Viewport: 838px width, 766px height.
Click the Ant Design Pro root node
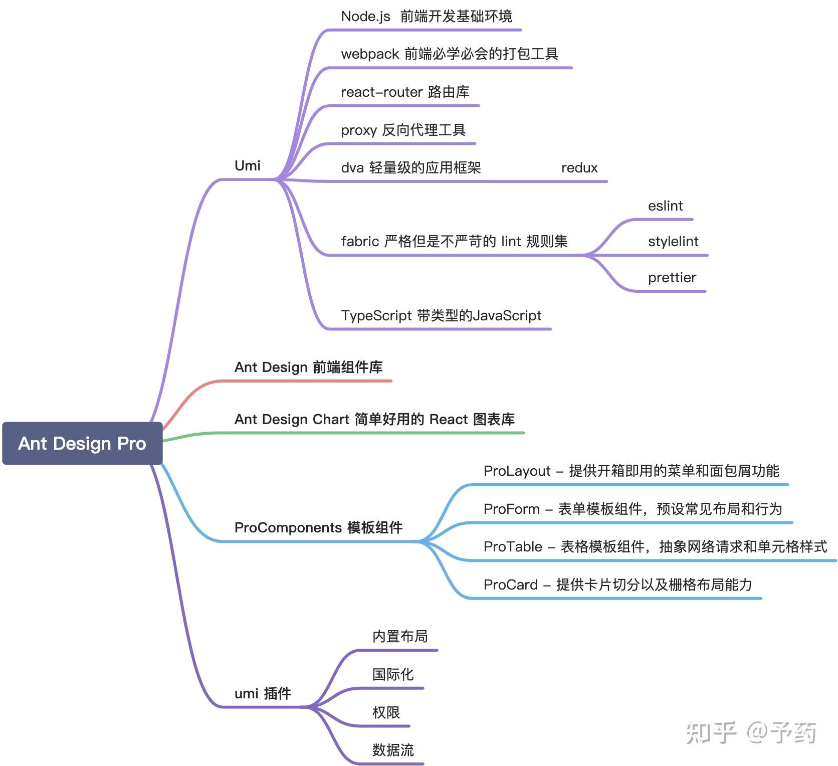[82, 443]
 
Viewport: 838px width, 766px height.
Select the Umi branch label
[248, 166]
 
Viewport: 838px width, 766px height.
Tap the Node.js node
[426, 17]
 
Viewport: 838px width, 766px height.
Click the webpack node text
[449, 54]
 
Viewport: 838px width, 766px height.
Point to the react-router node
[405, 92]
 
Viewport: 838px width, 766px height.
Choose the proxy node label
[403, 130]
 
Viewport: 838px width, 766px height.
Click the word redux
[579, 168]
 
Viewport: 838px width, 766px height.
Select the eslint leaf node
[665, 206]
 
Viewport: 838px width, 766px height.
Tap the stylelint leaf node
[673, 242]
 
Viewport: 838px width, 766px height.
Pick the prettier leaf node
[672, 278]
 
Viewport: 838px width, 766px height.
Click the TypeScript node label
[441, 316]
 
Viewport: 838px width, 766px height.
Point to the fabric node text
[454, 242]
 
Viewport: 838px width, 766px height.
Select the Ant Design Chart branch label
[374, 419]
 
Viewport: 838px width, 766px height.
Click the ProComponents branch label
[318, 527]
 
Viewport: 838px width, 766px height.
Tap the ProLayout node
[631, 471]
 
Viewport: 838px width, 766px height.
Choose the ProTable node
[655, 546]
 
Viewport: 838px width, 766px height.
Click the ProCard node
[617, 585]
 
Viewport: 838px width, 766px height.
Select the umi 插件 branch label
[263, 693]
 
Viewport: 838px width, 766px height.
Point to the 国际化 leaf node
[393, 674]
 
